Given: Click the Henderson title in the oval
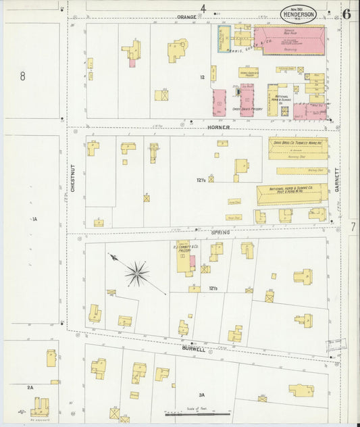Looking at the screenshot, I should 298,15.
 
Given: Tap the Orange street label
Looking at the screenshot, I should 186,16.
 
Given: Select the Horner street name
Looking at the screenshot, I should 218,127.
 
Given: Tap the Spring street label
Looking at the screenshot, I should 220,232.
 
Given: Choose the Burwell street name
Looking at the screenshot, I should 193,349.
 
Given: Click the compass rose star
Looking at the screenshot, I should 137,273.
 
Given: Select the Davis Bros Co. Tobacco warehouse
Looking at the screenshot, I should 297,147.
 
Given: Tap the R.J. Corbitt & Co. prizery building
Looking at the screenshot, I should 184,257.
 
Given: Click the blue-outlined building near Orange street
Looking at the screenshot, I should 224,39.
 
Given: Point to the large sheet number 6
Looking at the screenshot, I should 346,14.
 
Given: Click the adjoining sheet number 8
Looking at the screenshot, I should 22,76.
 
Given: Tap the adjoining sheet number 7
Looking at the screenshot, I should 353,228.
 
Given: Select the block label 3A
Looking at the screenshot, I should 201,395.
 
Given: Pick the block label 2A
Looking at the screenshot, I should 30,387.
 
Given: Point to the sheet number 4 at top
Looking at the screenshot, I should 202,8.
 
